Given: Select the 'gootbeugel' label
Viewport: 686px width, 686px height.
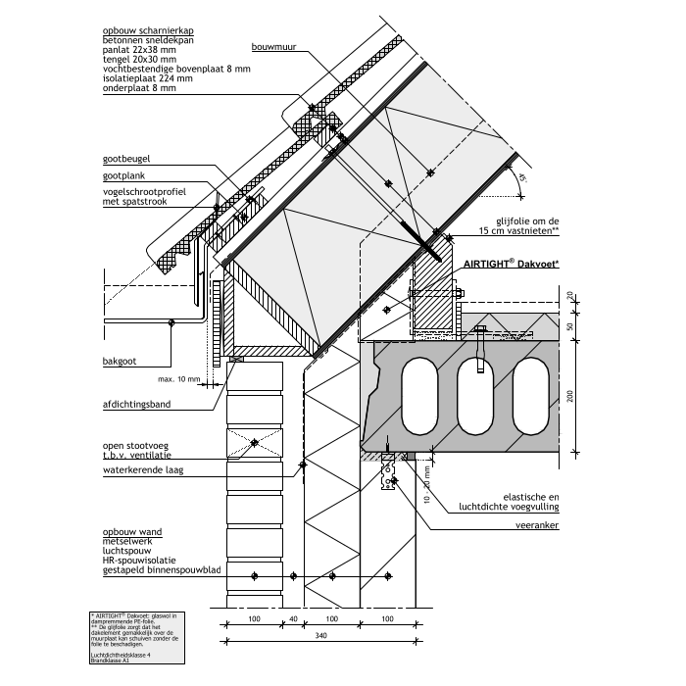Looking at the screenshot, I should [x=125, y=159].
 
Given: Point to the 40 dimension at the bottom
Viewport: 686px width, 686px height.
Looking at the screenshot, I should [x=291, y=618].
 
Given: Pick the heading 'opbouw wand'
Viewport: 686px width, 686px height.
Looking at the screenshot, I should [x=132, y=530].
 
